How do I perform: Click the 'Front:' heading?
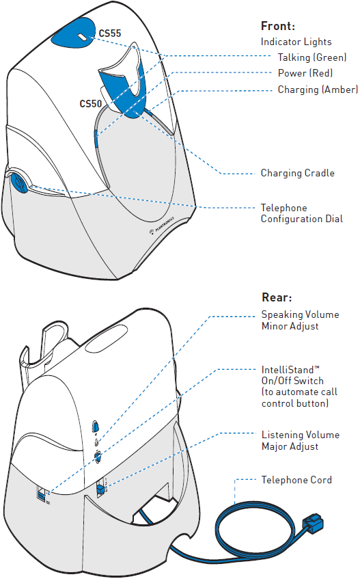click(x=278, y=26)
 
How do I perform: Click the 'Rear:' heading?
click(x=277, y=297)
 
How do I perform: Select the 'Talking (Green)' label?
click(x=312, y=57)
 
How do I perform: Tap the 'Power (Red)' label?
click(x=305, y=73)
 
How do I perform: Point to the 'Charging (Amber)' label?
click(x=318, y=90)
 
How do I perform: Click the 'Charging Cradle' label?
click(x=297, y=173)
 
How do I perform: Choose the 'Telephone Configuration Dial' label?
click(x=302, y=213)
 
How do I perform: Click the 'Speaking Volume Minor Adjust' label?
click(x=301, y=320)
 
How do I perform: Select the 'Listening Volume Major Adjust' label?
click(x=301, y=440)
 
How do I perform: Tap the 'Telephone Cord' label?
click(x=296, y=480)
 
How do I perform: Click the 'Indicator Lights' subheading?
click(x=296, y=42)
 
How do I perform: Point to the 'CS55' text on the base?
click(x=110, y=33)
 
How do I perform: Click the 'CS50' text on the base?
click(x=90, y=104)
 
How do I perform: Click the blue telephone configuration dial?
click(x=18, y=181)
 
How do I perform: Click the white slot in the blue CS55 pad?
click(x=82, y=38)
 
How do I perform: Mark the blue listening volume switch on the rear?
click(x=100, y=489)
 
